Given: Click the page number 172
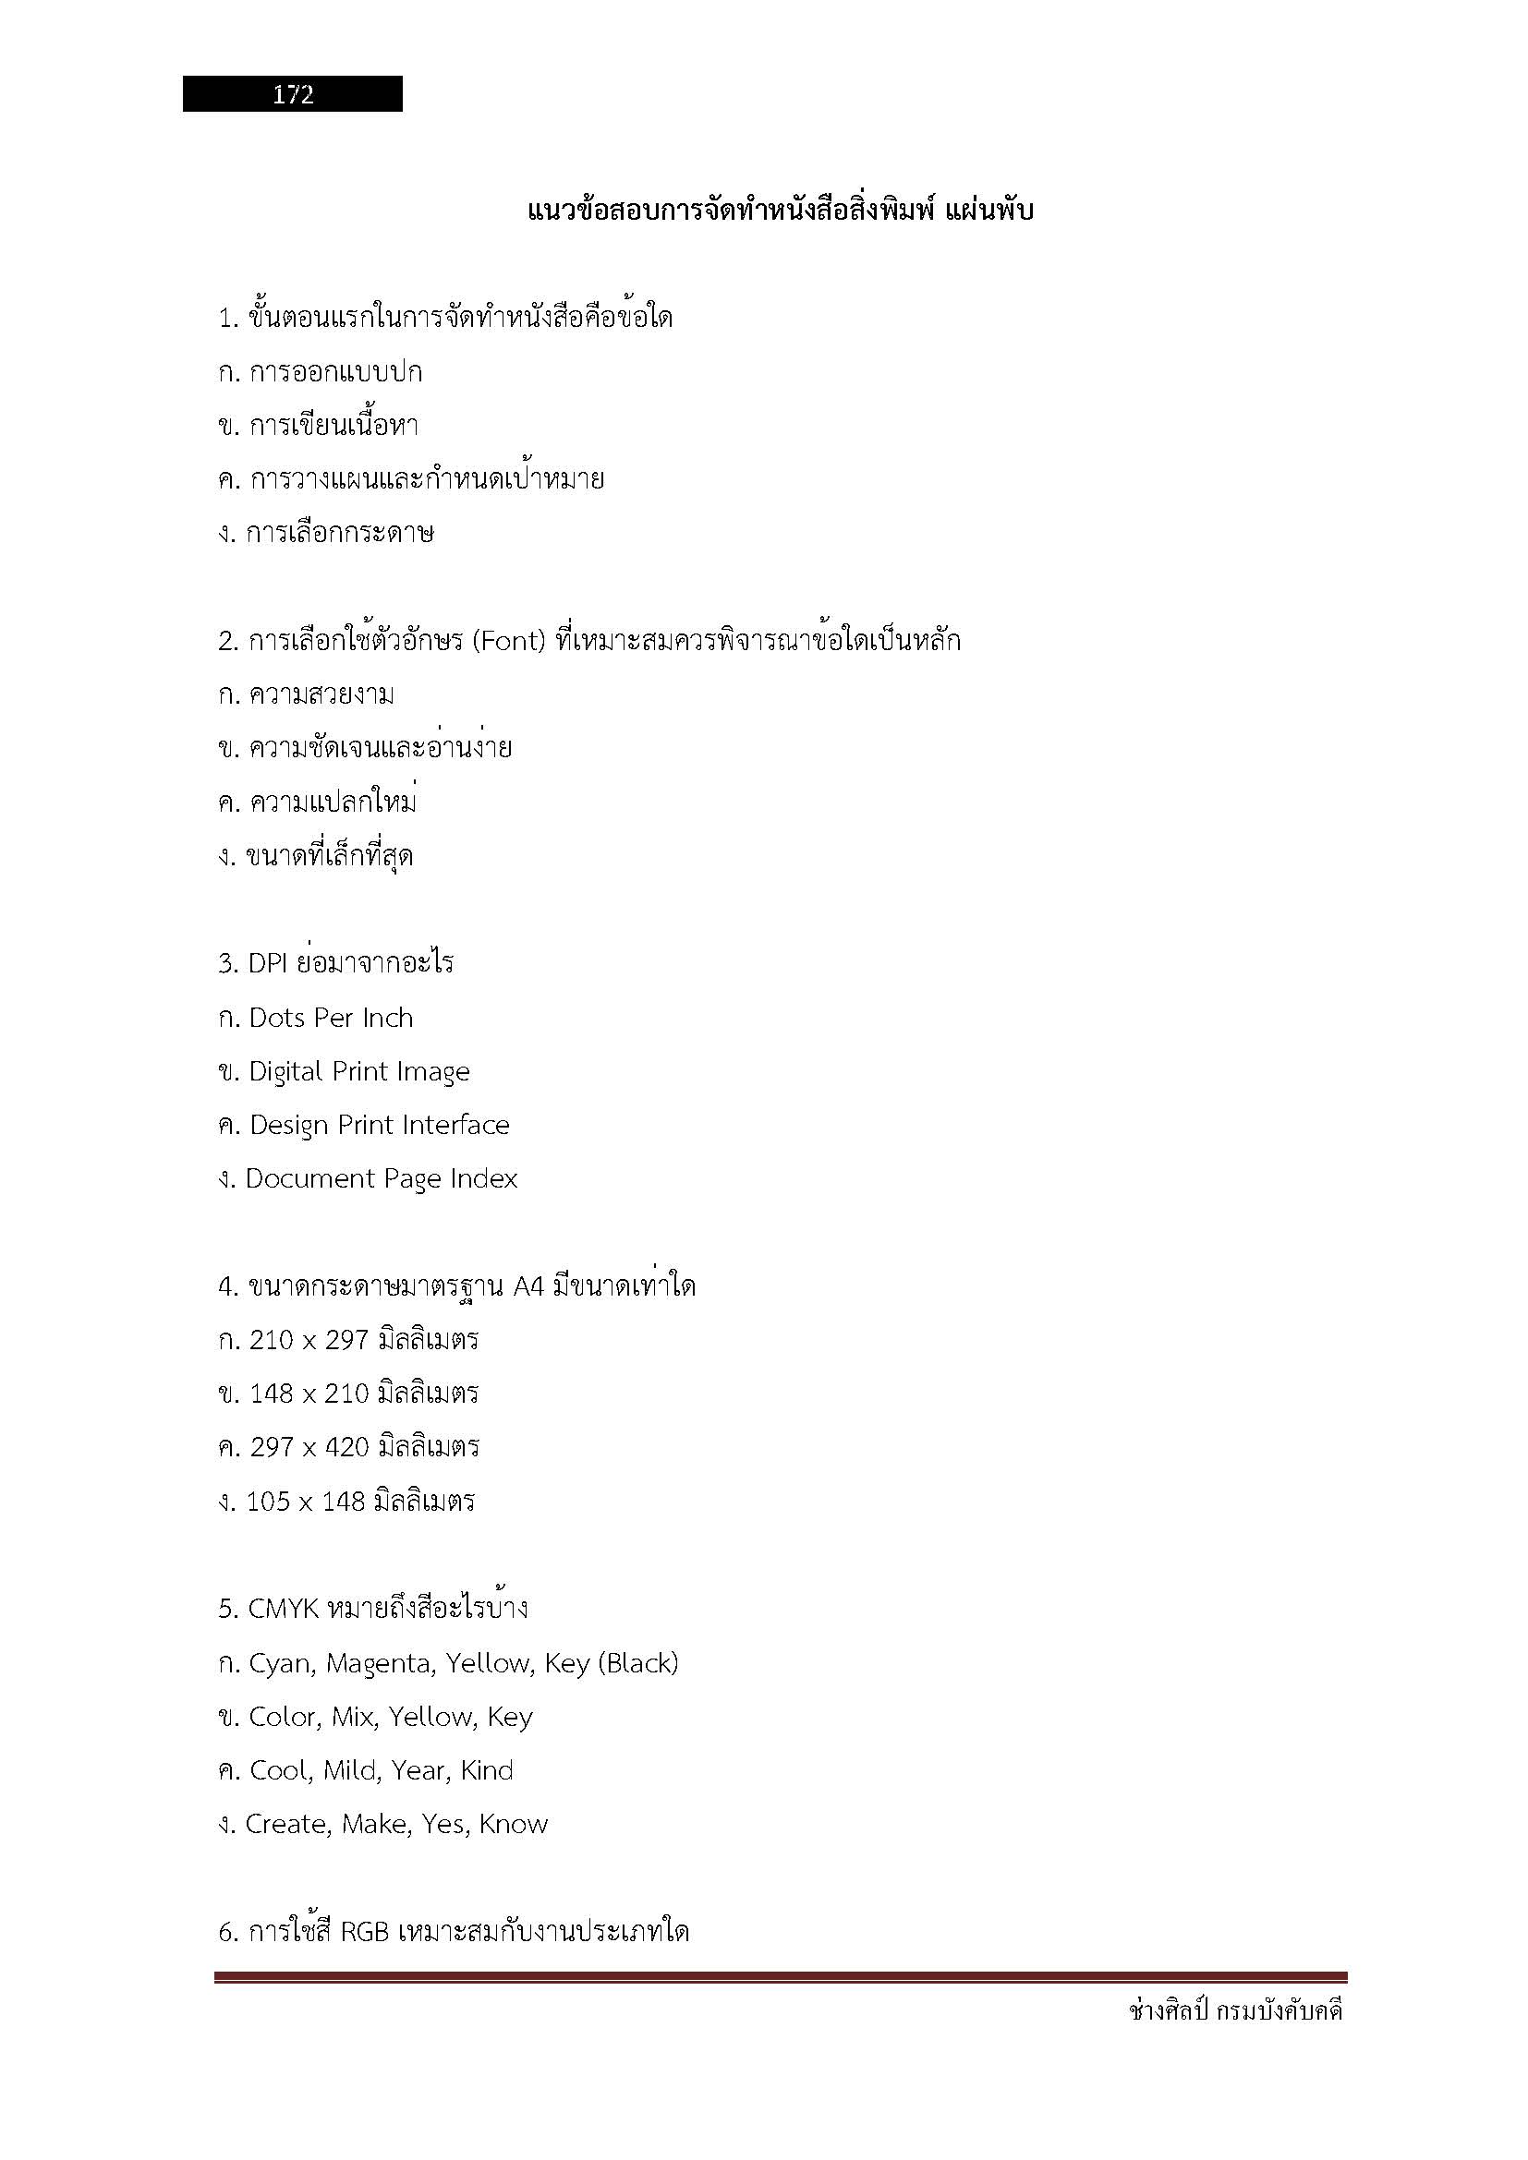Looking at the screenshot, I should click(293, 94).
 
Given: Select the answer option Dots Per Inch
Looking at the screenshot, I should click(330, 1018).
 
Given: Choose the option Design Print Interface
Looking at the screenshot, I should click(378, 1125).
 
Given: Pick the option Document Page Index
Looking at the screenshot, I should click(381, 1178).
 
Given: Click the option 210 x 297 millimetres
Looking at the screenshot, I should click(363, 1340).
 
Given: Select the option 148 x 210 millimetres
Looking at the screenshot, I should click(363, 1394).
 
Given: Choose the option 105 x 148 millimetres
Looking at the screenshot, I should click(360, 1501).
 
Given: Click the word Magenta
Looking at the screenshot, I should click(379, 1664).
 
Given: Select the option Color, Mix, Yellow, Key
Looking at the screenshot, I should click(390, 1717).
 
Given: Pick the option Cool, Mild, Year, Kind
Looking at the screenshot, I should click(380, 1770).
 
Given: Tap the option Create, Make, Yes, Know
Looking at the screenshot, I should click(396, 1824).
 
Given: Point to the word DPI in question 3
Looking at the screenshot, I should click(267, 963).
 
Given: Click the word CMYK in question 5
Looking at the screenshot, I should click(284, 1609).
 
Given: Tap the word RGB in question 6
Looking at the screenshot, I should click(364, 1931).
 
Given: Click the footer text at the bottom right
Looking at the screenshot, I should click(1235, 2010).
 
